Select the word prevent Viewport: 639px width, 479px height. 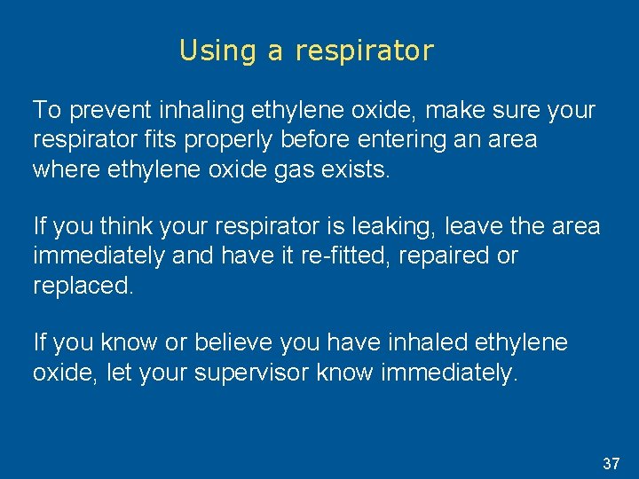(x=107, y=111)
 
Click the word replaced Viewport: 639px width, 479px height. (x=83, y=286)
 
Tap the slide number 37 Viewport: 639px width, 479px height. (x=611, y=463)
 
